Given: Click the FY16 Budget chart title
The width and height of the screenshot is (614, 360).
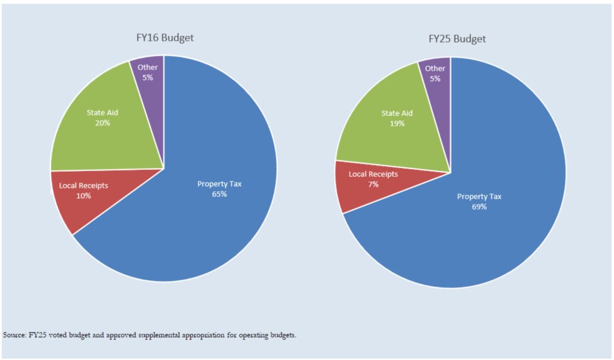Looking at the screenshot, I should click(164, 38).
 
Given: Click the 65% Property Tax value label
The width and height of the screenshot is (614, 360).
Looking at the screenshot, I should click(219, 194).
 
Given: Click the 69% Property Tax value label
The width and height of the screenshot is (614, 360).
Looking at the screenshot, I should click(479, 207).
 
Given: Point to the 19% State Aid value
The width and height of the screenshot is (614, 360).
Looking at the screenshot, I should click(397, 124).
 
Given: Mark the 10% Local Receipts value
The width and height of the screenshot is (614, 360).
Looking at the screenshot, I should click(83, 196).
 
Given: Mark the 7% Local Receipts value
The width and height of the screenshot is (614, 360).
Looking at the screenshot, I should click(373, 185).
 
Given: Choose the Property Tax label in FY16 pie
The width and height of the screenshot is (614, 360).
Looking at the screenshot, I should click(219, 184).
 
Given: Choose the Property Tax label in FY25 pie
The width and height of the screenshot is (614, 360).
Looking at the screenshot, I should click(479, 197).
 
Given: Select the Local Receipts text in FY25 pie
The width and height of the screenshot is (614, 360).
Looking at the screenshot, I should click(373, 174).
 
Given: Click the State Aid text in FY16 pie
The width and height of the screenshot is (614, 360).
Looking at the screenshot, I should click(103, 113).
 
